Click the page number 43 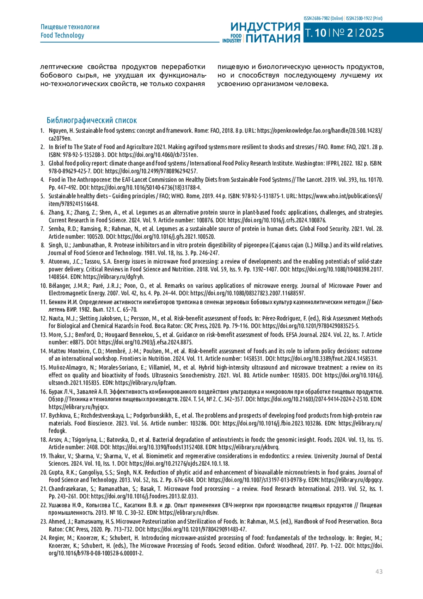(379, 571)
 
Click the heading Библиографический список (92, 120)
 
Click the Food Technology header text (62, 35)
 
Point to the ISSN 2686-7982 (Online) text (323, 18)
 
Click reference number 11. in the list (43, 302)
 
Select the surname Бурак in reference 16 (56, 392)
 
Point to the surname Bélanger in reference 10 (59, 286)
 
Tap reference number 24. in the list (43, 538)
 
